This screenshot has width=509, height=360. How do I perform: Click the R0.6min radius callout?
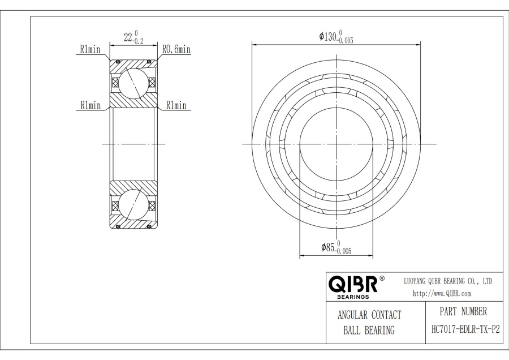tap(176, 50)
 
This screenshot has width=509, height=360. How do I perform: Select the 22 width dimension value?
tap(128, 38)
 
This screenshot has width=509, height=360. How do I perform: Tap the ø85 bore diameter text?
tap(327, 247)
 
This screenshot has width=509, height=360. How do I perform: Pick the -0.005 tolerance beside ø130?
tap(346, 41)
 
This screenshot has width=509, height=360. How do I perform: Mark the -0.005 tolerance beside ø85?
tap(343, 251)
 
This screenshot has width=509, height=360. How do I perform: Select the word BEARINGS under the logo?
tap(351, 296)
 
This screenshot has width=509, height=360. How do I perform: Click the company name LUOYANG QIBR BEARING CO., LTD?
tap(447, 281)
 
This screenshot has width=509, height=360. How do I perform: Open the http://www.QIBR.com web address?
tap(442, 293)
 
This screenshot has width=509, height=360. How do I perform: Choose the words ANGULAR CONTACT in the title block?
tap(369, 315)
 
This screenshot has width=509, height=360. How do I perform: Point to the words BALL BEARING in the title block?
tap(369, 331)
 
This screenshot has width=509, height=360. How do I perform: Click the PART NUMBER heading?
tap(463, 311)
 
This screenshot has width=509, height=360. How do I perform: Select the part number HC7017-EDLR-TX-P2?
tap(463, 329)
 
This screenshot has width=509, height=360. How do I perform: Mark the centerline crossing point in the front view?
tap(336, 144)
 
